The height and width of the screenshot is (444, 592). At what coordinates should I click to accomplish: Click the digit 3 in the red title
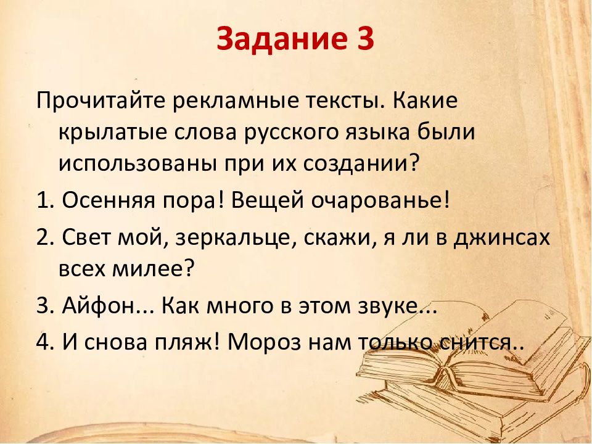click(363, 38)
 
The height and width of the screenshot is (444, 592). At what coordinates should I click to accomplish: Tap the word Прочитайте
click(101, 101)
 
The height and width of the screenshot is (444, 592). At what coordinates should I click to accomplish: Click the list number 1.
click(46, 199)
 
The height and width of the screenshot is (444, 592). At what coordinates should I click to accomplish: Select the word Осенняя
click(109, 200)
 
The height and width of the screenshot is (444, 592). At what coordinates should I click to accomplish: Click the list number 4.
click(46, 342)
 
